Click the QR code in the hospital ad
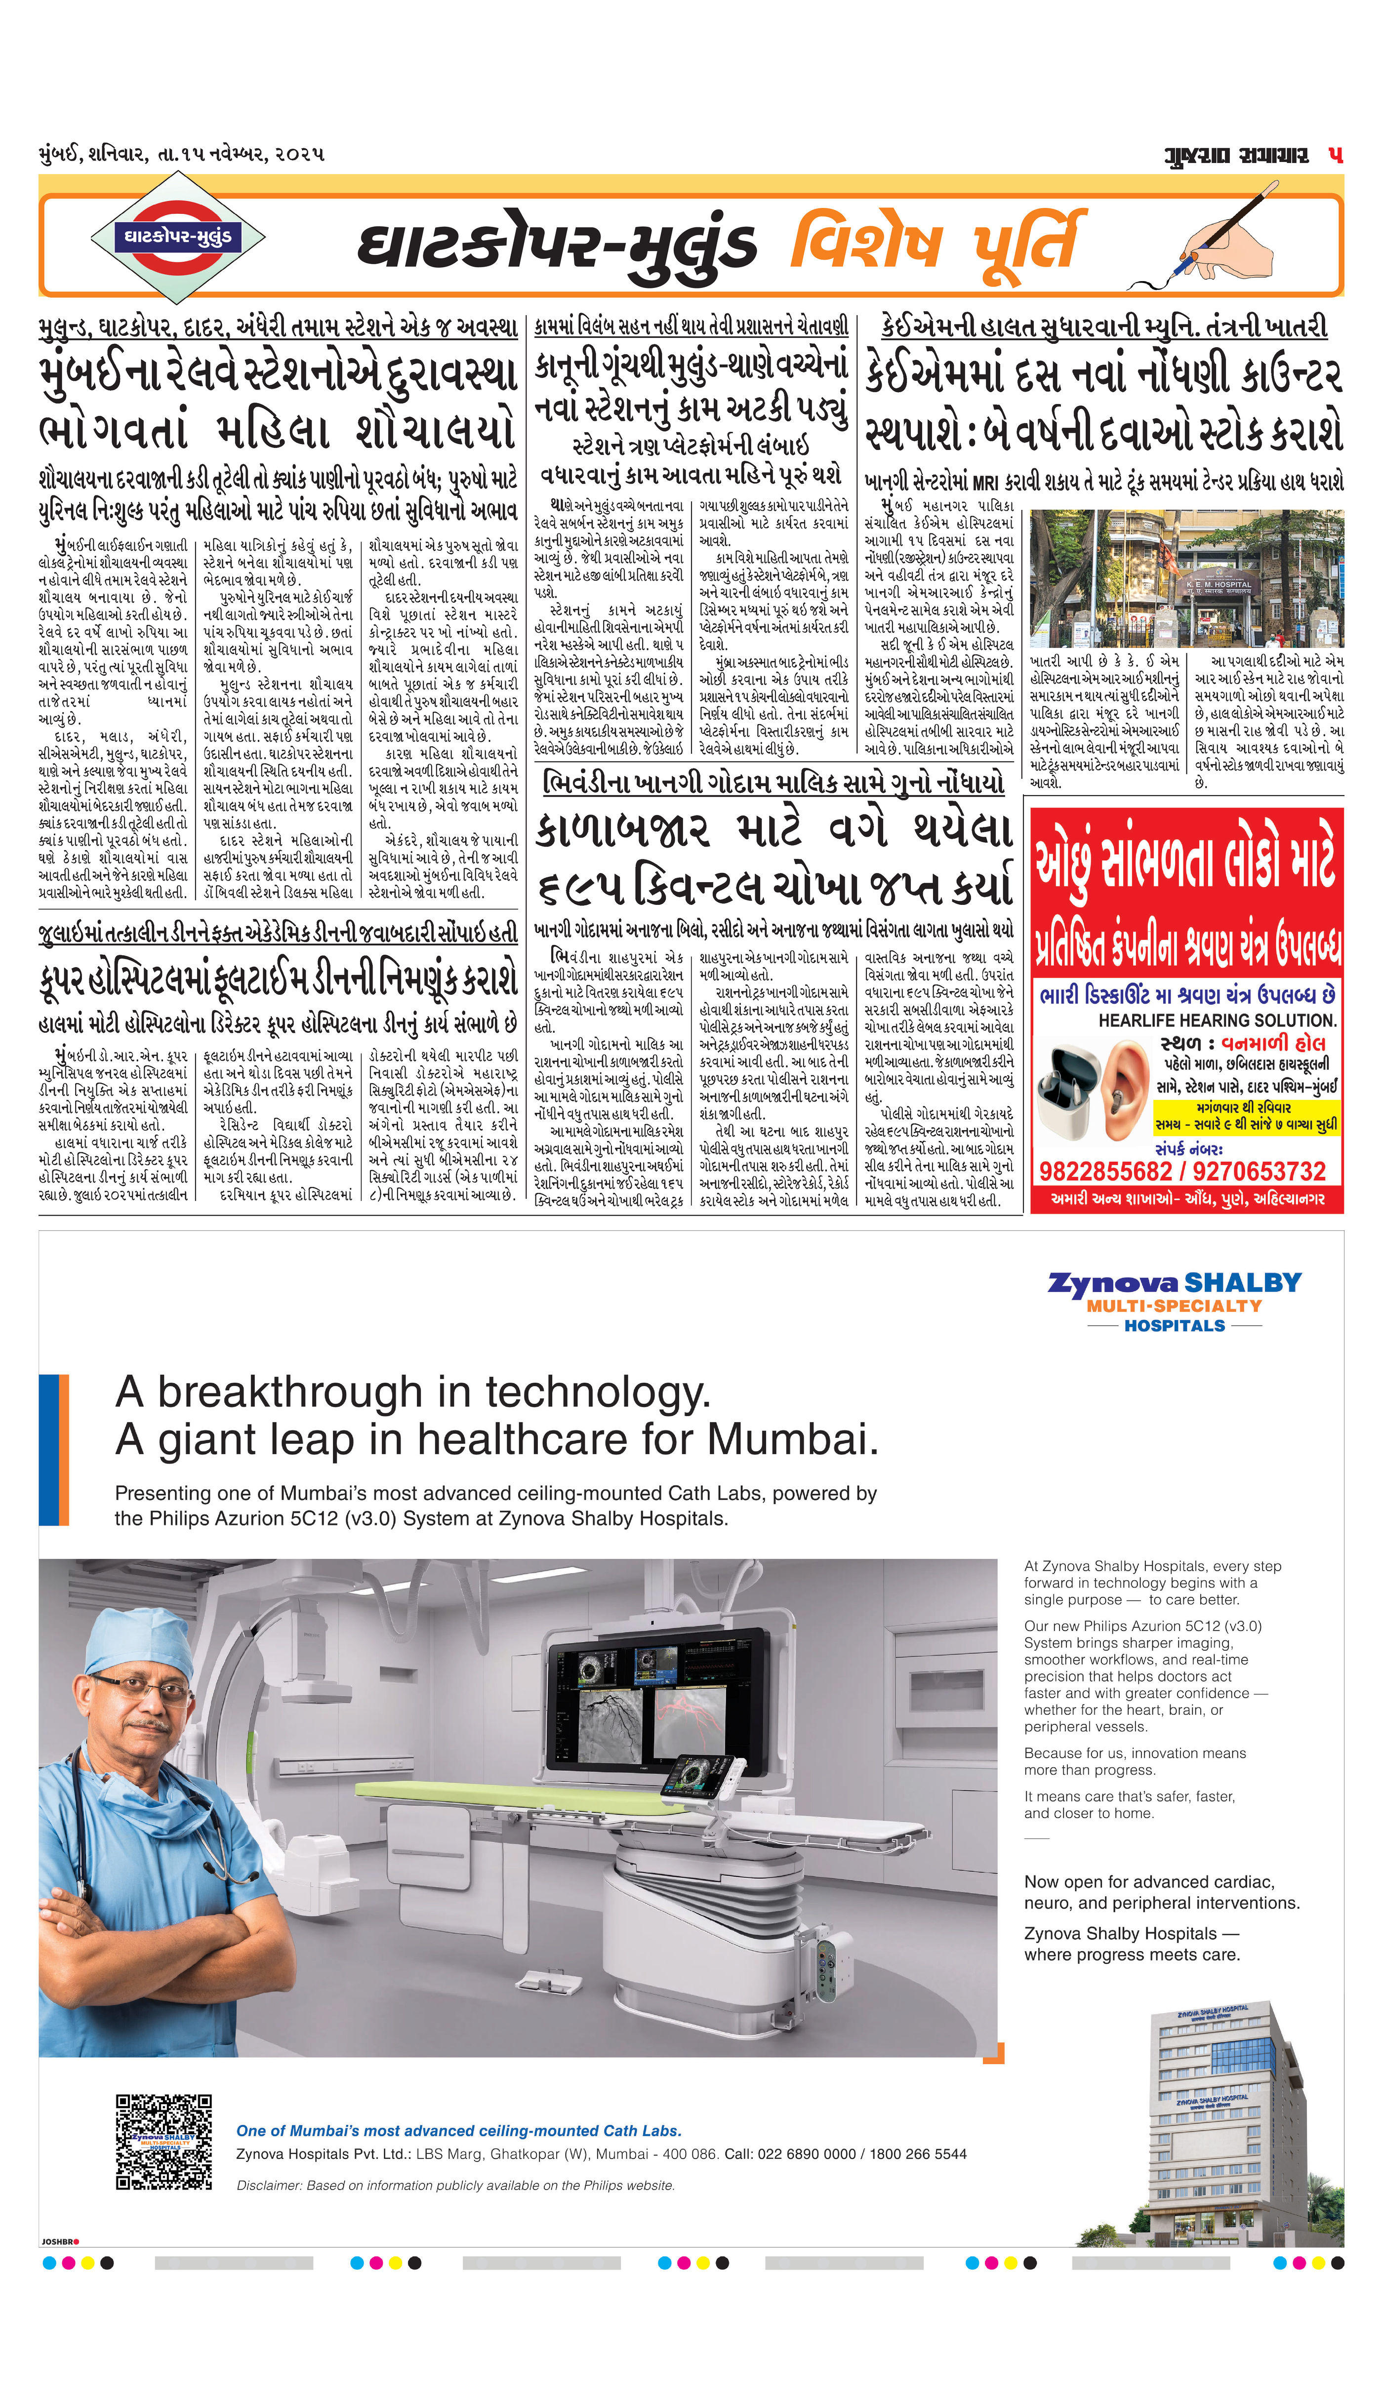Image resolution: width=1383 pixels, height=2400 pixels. point(163,2141)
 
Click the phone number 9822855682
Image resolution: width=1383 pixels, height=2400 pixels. point(1107,1171)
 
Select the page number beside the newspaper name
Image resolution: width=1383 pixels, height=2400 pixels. point(1336,155)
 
